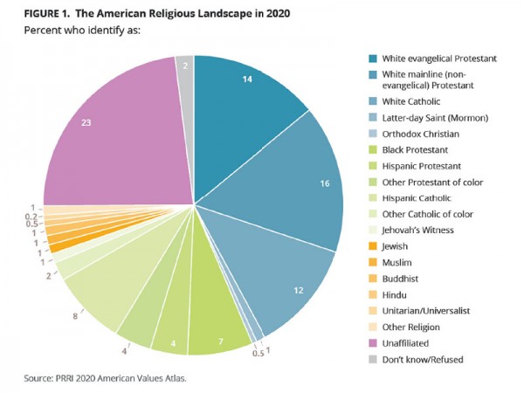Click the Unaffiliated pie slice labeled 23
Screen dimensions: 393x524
[114, 131]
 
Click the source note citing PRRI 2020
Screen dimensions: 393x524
[100, 377]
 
